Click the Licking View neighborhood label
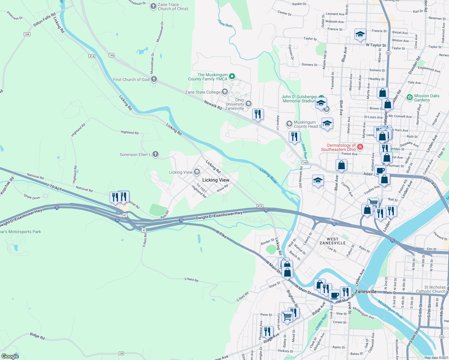(x=215, y=180)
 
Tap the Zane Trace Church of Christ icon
(x=153, y=6)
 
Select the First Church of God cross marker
(x=154, y=79)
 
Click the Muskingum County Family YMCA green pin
(x=232, y=76)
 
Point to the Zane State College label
(x=203, y=92)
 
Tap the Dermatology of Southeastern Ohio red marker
(x=360, y=147)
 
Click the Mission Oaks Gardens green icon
(x=409, y=97)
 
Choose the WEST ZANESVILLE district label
(x=333, y=241)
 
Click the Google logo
(x=10, y=356)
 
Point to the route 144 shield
(x=27, y=34)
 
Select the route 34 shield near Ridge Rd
(x=121, y=353)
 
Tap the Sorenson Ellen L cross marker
(x=155, y=154)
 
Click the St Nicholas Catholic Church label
(x=430, y=289)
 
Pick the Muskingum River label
(x=390, y=309)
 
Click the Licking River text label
(x=268, y=175)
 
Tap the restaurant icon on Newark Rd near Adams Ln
(x=258, y=114)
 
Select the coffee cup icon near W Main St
(x=334, y=295)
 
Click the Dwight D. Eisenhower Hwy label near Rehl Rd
(x=219, y=215)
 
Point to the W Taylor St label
(x=376, y=45)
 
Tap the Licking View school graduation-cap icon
(x=197, y=172)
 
